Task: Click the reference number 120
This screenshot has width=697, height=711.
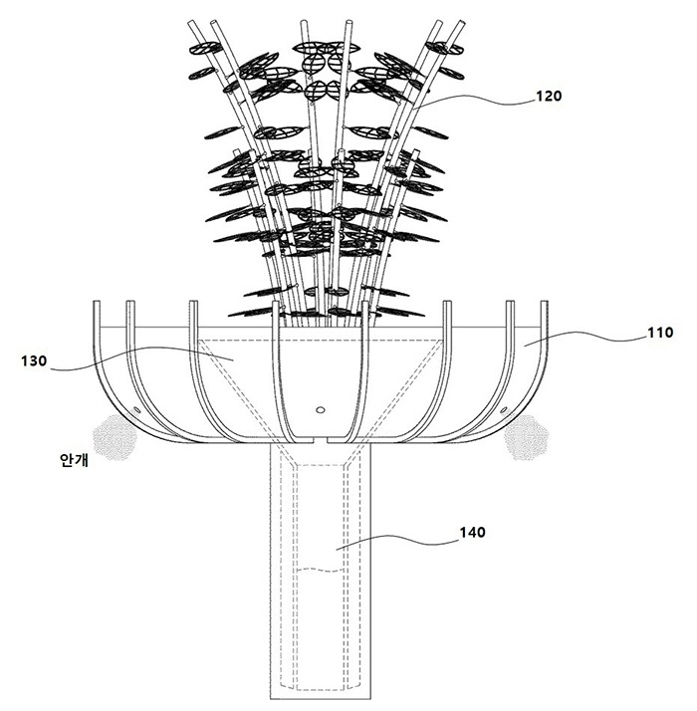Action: [x=549, y=97]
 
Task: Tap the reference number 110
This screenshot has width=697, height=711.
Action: [x=660, y=333]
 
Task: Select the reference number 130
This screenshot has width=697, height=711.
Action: [x=34, y=361]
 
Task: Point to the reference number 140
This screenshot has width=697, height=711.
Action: [x=473, y=533]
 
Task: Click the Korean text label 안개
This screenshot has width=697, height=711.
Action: [x=74, y=460]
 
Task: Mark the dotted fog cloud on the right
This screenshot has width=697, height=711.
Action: [x=527, y=437]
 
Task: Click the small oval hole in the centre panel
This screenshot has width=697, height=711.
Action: [x=321, y=410]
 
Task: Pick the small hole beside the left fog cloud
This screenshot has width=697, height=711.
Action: [x=136, y=411]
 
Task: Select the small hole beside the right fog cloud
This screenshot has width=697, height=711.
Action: [x=504, y=411]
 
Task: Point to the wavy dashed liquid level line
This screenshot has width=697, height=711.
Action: [x=322, y=569]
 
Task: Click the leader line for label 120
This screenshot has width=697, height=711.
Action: [x=476, y=100]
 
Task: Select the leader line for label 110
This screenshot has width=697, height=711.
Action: [x=585, y=338]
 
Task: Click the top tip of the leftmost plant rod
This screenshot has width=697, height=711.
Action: [x=191, y=21]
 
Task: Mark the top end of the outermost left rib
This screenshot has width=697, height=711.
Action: [x=97, y=302]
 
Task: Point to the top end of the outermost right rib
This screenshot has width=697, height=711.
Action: [x=545, y=302]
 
